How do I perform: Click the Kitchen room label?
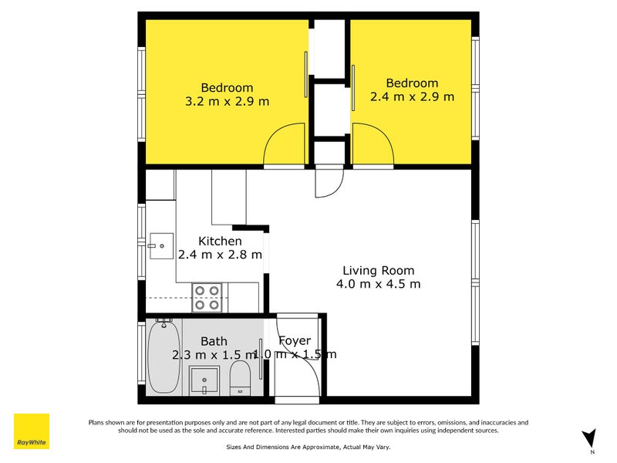pyautogui.click(x=220, y=242)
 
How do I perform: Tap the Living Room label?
pyautogui.click(x=378, y=271)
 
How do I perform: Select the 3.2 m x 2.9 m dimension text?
pyautogui.click(x=227, y=101)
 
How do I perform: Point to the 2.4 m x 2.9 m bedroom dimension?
pyautogui.click(x=412, y=96)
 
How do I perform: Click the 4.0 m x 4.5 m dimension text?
pyautogui.click(x=378, y=284)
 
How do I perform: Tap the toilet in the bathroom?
pyautogui.click(x=240, y=378)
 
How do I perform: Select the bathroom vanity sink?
pyautogui.click(x=205, y=380)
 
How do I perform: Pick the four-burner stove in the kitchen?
pyautogui.click(x=207, y=297)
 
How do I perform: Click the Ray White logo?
pyautogui.click(x=32, y=432)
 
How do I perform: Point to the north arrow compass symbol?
pyautogui.click(x=588, y=439)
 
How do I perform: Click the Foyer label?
pyautogui.click(x=295, y=341)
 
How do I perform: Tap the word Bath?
pyautogui.click(x=214, y=341)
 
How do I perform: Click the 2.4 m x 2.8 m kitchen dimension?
pyautogui.click(x=220, y=255)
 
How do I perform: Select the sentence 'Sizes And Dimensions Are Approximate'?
pyautogui.click(x=278, y=446)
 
